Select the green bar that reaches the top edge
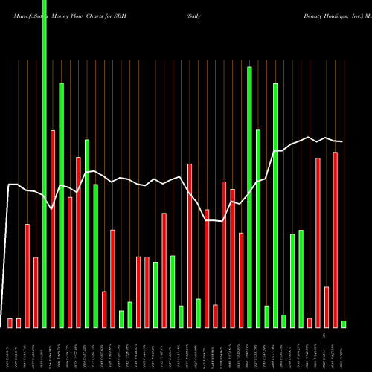44,164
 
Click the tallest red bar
53,228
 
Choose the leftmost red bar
10,323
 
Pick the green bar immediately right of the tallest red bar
61,205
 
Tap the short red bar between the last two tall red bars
327,307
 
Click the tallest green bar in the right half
249,197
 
